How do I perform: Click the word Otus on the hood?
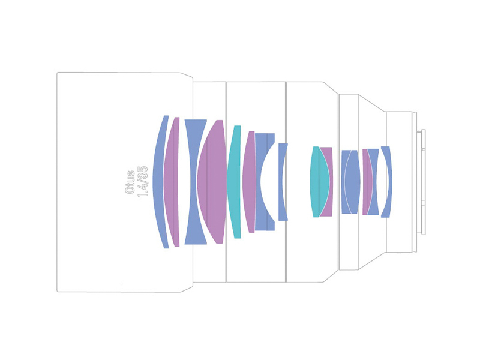coord(130,182)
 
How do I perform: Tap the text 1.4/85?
coord(143,182)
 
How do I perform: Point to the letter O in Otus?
coord(130,190)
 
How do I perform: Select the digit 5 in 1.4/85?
coord(143,169)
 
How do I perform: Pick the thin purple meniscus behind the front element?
coord(172,182)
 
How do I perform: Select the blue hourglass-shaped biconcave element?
coord(192,182)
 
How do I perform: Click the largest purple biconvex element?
coord(212,182)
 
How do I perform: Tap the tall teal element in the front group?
coord(234,182)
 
